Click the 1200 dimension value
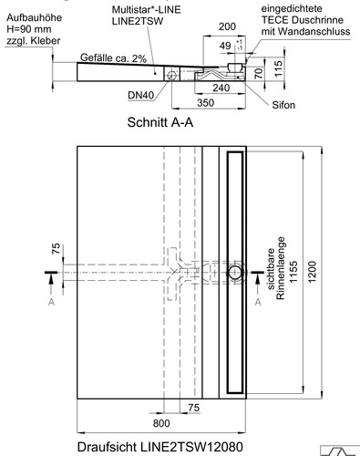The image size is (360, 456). (313, 272)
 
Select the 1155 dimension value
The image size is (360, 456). (293, 272)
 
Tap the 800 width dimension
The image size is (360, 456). (161, 423)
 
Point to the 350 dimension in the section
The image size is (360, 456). (206, 103)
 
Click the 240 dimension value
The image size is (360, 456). (221, 88)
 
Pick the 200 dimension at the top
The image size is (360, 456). (227, 26)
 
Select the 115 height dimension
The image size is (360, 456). (278, 68)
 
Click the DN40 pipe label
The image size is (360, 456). (140, 95)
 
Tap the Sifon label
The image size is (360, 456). (283, 105)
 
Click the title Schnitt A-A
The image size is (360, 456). (160, 122)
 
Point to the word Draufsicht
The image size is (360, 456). (107, 447)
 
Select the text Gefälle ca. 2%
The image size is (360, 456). (114, 57)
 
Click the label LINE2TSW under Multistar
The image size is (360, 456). (138, 21)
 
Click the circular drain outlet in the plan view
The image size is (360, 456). (235, 273)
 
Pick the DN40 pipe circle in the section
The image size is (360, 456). (171, 75)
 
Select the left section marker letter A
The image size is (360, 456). (51, 302)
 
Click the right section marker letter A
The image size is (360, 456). (258, 302)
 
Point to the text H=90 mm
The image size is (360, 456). (29, 29)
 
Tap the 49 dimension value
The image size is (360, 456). (225, 46)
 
